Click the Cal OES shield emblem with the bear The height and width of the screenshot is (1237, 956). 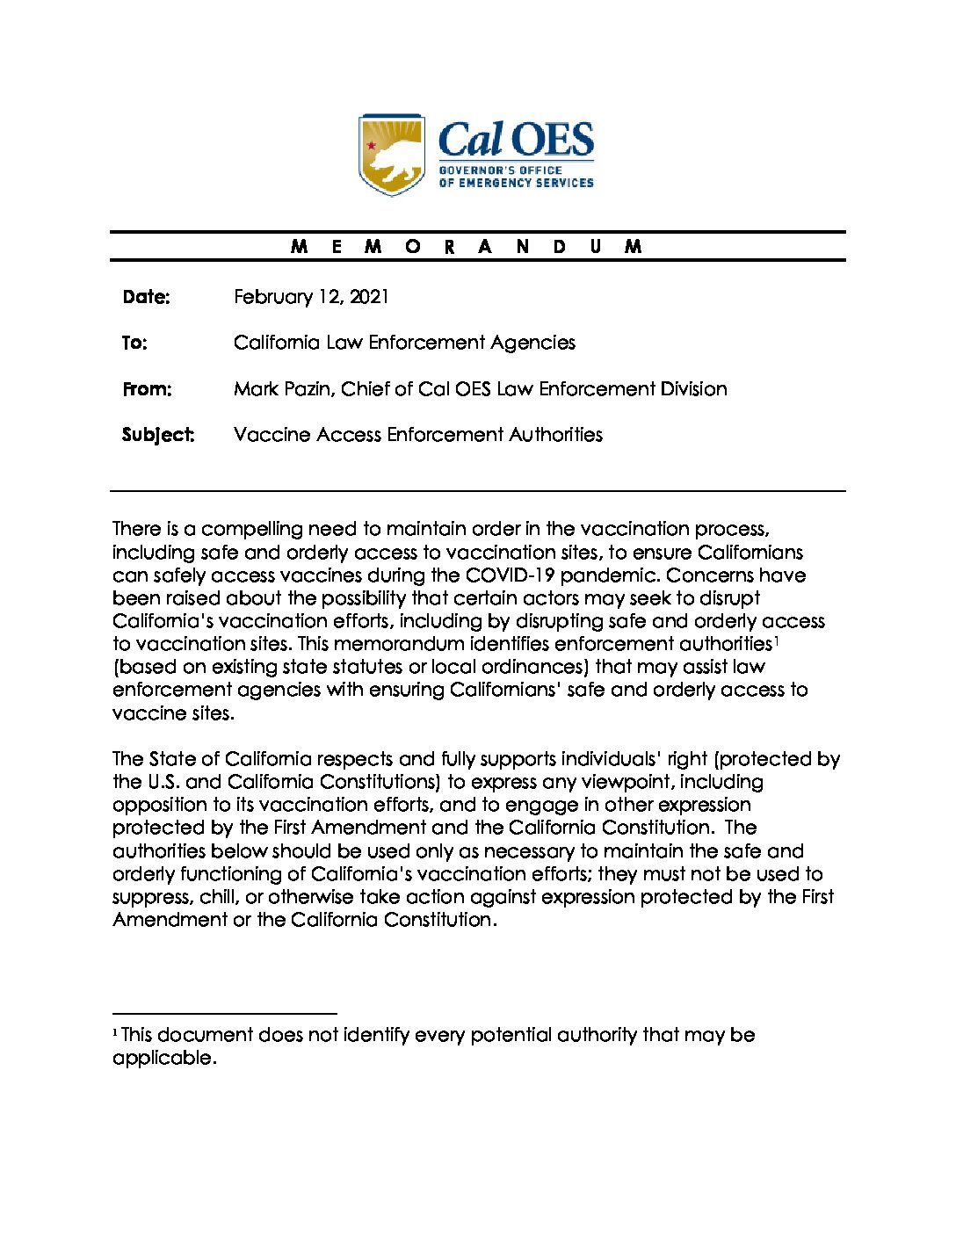pyautogui.click(x=392, y=154)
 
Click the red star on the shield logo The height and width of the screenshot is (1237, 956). pyautogui.click(x=372, y=145)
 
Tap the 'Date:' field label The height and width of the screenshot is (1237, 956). pyautogui.click(x=146, y=297)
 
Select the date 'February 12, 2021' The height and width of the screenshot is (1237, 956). pyautogui.click(x=310, y=297)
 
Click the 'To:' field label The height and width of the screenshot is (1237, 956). pyautogui.click(x=134, y=343)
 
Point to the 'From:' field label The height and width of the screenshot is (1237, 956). pyautogui.click(x=147, y=389)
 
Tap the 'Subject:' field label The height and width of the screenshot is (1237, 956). pyautogui.click(x=158, y=435)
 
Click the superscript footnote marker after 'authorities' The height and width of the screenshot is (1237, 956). pyautogui.click(x=777, y=640)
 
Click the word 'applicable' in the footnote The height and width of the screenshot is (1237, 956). pyautogui.click(x=163, y=1059)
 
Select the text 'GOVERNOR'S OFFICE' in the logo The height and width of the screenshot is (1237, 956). pyautogui.click(x=500, y=170)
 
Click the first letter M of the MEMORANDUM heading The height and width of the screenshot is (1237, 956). pyautogui.click(x=299, y=247)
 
